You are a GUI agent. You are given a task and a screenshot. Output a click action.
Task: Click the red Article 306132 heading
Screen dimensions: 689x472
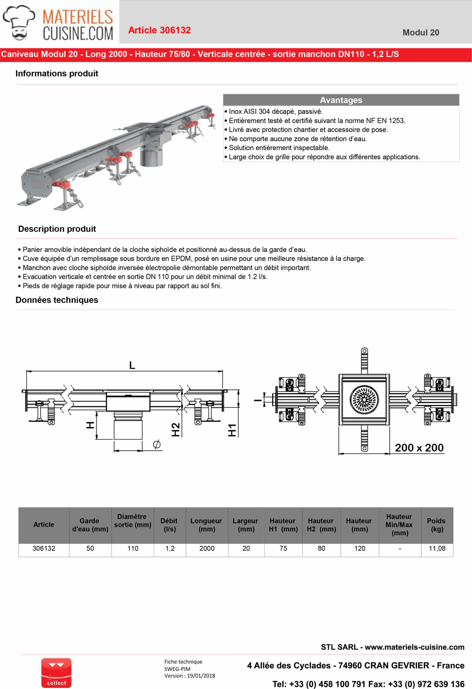click(x=159, y=30)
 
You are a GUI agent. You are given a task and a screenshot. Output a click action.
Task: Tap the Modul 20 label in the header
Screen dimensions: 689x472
click(x=420, y=33)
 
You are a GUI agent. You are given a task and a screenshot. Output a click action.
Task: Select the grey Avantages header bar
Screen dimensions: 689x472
click(x=341, y=100)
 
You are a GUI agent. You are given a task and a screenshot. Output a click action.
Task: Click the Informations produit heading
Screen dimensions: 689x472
click(x=56, y=73)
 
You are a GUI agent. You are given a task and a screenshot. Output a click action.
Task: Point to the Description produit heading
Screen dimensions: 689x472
click(x=57, y=229)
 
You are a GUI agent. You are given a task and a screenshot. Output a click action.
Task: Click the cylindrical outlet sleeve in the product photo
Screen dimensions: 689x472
click(x=151, y=156)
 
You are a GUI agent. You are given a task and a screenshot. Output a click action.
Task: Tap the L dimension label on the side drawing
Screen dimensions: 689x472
click(x=132, y=365)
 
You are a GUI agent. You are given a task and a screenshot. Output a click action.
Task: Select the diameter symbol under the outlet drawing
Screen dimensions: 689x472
click(x=157, y=444)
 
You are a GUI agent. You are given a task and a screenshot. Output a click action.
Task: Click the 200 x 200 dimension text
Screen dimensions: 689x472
click(x=419, y=448)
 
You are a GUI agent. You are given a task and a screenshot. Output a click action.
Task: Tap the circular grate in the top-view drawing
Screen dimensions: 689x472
click(x=364, y=399)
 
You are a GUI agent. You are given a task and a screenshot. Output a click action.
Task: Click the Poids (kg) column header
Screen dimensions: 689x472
click(x=437, y=525)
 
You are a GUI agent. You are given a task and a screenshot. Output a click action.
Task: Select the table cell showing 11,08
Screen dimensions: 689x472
click(x=437, y=548)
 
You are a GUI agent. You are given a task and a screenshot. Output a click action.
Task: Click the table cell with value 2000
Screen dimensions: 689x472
click(x=207, y=548)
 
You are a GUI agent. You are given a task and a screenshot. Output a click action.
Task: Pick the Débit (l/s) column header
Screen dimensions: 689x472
click(x=169, y=525)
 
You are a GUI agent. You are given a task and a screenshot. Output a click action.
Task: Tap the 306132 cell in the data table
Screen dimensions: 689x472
click(x=44, y=548)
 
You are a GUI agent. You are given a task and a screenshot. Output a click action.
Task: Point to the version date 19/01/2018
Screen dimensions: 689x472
click(x=201, y=676)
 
